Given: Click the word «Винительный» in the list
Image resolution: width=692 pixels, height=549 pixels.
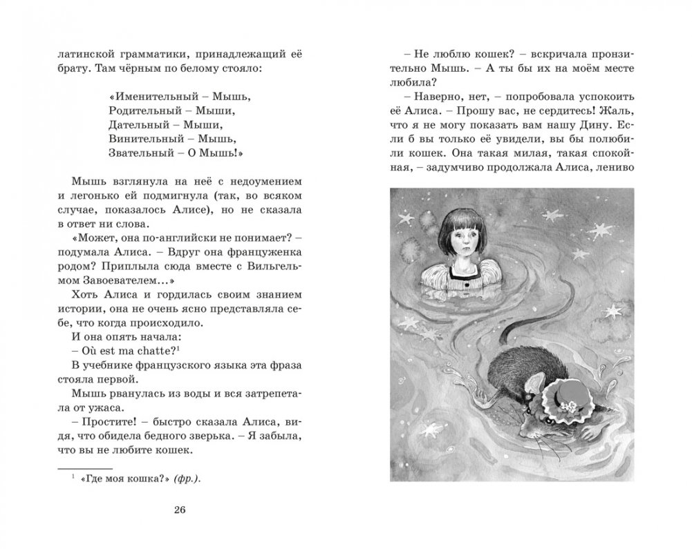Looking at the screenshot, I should click(139, 138).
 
